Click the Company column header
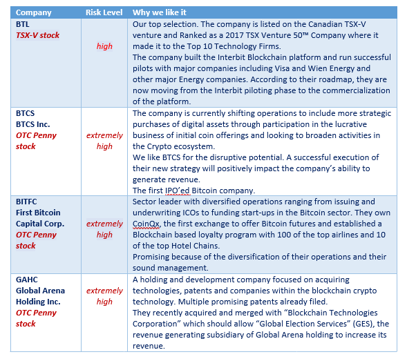33,12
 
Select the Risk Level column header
104,12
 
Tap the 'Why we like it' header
159,12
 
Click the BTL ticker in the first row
22,24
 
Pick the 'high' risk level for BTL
104,46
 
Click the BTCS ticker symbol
26,113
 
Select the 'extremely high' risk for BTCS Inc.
104,141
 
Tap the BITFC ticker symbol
27,202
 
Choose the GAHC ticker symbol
28,279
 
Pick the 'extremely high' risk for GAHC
104,295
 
